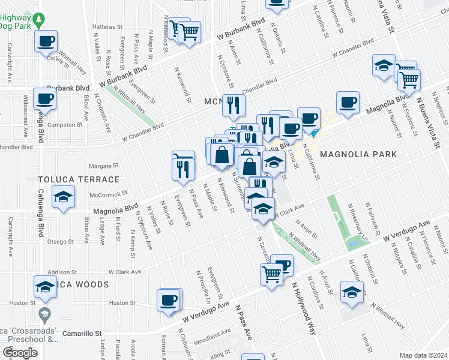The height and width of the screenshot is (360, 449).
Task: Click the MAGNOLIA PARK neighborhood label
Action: tap(358, 154)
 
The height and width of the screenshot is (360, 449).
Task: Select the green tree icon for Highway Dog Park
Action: tap(40, 20)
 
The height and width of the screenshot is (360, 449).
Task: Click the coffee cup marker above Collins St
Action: tap(46, 42)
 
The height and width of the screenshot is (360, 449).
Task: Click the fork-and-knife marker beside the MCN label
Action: tap(232, 106)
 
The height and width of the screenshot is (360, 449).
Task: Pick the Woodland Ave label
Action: tap(212, 334)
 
